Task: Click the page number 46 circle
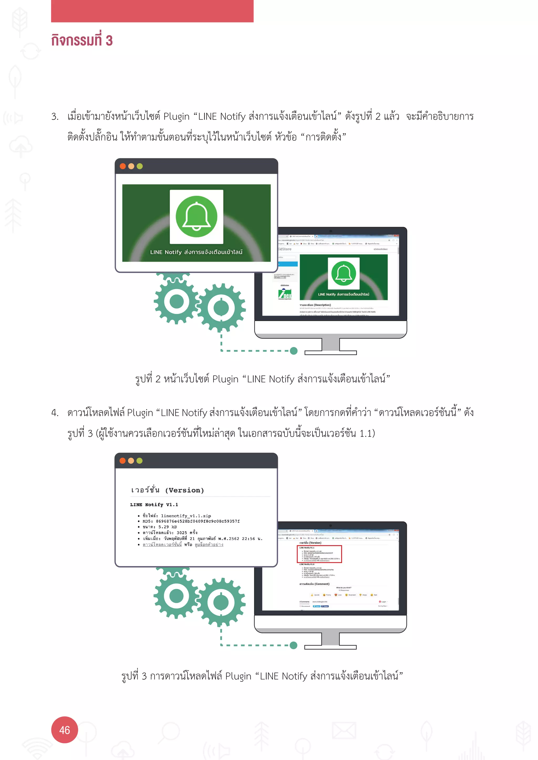pos(65,730)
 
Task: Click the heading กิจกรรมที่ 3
pos(82,40)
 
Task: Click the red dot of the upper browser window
pos(123,166)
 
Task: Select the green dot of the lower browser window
pos(139,461)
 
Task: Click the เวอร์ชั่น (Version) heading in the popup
pos(167,490)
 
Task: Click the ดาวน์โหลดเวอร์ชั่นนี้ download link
pos(162,545)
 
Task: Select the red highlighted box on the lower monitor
pos(319,554)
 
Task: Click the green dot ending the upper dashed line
pos(293,351)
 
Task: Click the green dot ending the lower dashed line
pos(293,645)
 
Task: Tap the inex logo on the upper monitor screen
pos(285,294)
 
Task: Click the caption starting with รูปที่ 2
pos(262,379)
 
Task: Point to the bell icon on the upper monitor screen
pos(344,273)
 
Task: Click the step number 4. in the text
pos(55,413)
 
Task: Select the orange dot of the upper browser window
pos(131,166)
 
